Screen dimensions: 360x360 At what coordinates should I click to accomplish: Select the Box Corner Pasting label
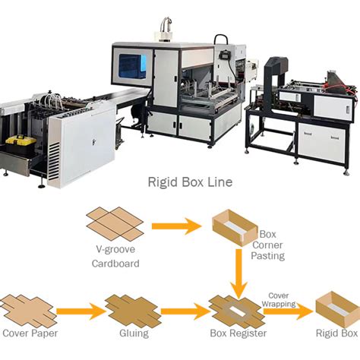267,245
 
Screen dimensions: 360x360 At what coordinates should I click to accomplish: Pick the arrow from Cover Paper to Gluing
78,311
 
